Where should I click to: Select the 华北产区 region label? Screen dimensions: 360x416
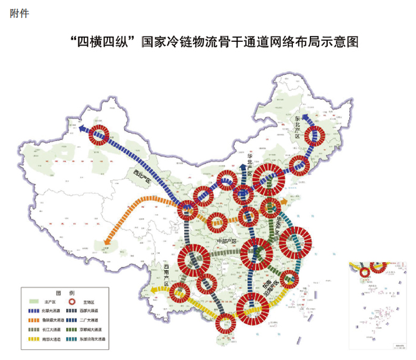[x=249, y=163]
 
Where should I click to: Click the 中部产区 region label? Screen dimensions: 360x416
[x=223, y=240]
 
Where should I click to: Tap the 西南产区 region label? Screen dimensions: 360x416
[x=166, y=275]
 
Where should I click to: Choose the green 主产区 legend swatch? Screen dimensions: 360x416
[x=35, y=301]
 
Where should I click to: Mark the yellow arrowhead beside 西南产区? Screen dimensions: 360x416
[x=155, y=291]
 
